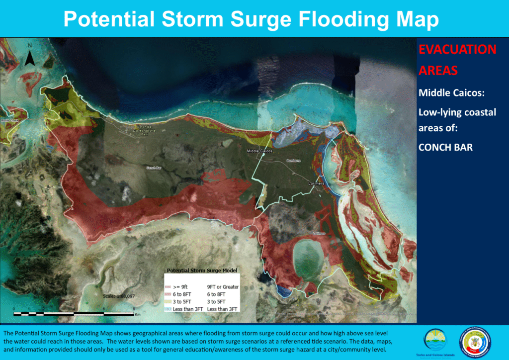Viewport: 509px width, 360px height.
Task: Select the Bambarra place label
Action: pos(294,161)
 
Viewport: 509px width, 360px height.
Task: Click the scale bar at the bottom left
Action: pos(75,314)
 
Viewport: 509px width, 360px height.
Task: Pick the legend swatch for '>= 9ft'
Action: pos(168,287)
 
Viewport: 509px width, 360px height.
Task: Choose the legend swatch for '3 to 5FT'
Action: pos(168,301)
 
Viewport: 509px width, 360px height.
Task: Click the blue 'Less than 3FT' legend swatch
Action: pos(168,309)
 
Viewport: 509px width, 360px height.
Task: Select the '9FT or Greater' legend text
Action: pos(223,287)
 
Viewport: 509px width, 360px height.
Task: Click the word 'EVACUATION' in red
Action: pos(457,50)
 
